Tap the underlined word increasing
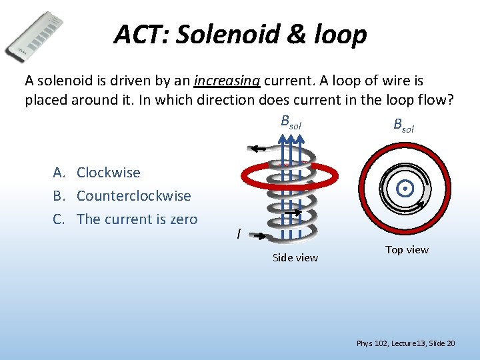(x=227, y=81)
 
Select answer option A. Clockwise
(x=97, y=173)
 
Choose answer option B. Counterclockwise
(x=122, y=196)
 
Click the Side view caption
(x=295, y=257)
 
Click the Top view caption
(x=407, y=249)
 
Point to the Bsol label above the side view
(x=291, y=122)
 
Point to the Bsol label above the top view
(x=403, y=125)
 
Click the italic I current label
(x=238, y=233)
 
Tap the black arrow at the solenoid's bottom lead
(x=262, y=236)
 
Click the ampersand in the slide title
(x=287, y=33)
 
